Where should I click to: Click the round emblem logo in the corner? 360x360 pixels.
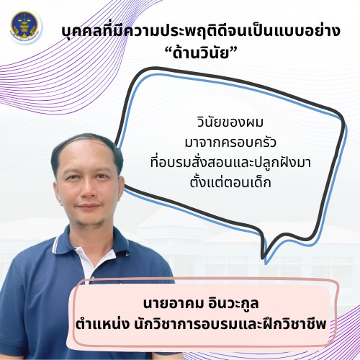[24, 27]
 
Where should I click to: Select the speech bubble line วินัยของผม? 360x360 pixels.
[230, 122]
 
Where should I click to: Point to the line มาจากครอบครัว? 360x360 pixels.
[230, 143]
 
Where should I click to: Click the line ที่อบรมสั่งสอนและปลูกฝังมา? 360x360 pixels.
[230, 162]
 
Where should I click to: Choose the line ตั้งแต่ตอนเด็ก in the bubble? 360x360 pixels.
[230, 182]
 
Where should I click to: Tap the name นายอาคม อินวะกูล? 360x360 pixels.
[201, 303]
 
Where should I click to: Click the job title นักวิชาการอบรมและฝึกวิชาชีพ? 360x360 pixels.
[230, 325]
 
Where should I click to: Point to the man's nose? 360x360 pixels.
[88, 189]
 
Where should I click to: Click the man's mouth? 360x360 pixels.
[89, 207]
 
